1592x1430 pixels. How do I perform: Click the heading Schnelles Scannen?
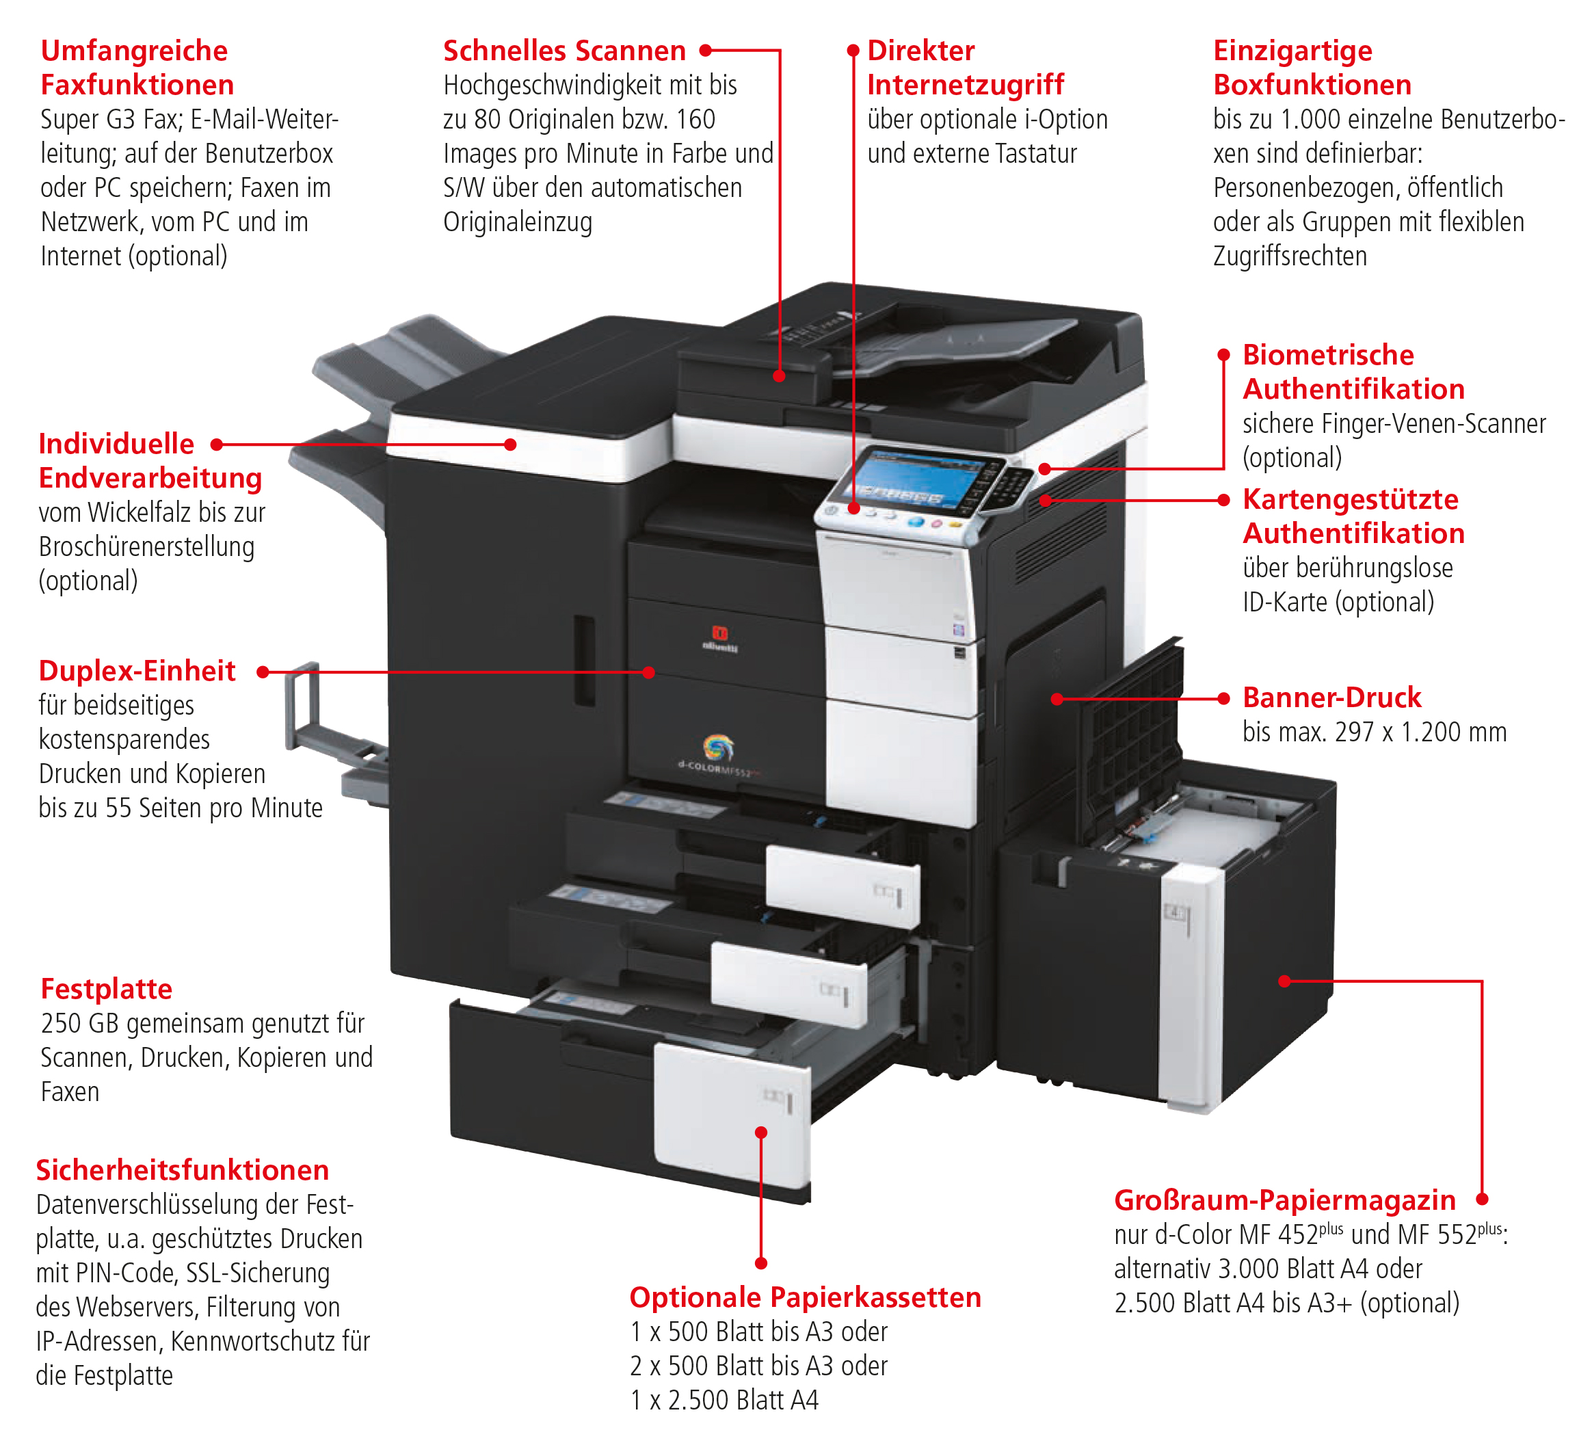[x=563, y=51]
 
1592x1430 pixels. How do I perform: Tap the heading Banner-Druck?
[x=1331, y=698]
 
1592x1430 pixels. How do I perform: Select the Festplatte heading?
[x=106, y=989]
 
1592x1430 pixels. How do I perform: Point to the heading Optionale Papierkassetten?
[x=805, y=1297]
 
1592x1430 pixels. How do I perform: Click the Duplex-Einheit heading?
[x=137, y=671]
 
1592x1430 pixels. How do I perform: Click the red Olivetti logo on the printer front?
[x=719, y=634]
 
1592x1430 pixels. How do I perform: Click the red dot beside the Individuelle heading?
[x=217, y=445]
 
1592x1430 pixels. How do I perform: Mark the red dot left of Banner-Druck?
[x=1223, y=698]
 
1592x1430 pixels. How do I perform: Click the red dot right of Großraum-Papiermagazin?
[x=1481, y=1200]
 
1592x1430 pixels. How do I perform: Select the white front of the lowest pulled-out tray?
[x=731, y=1115]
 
